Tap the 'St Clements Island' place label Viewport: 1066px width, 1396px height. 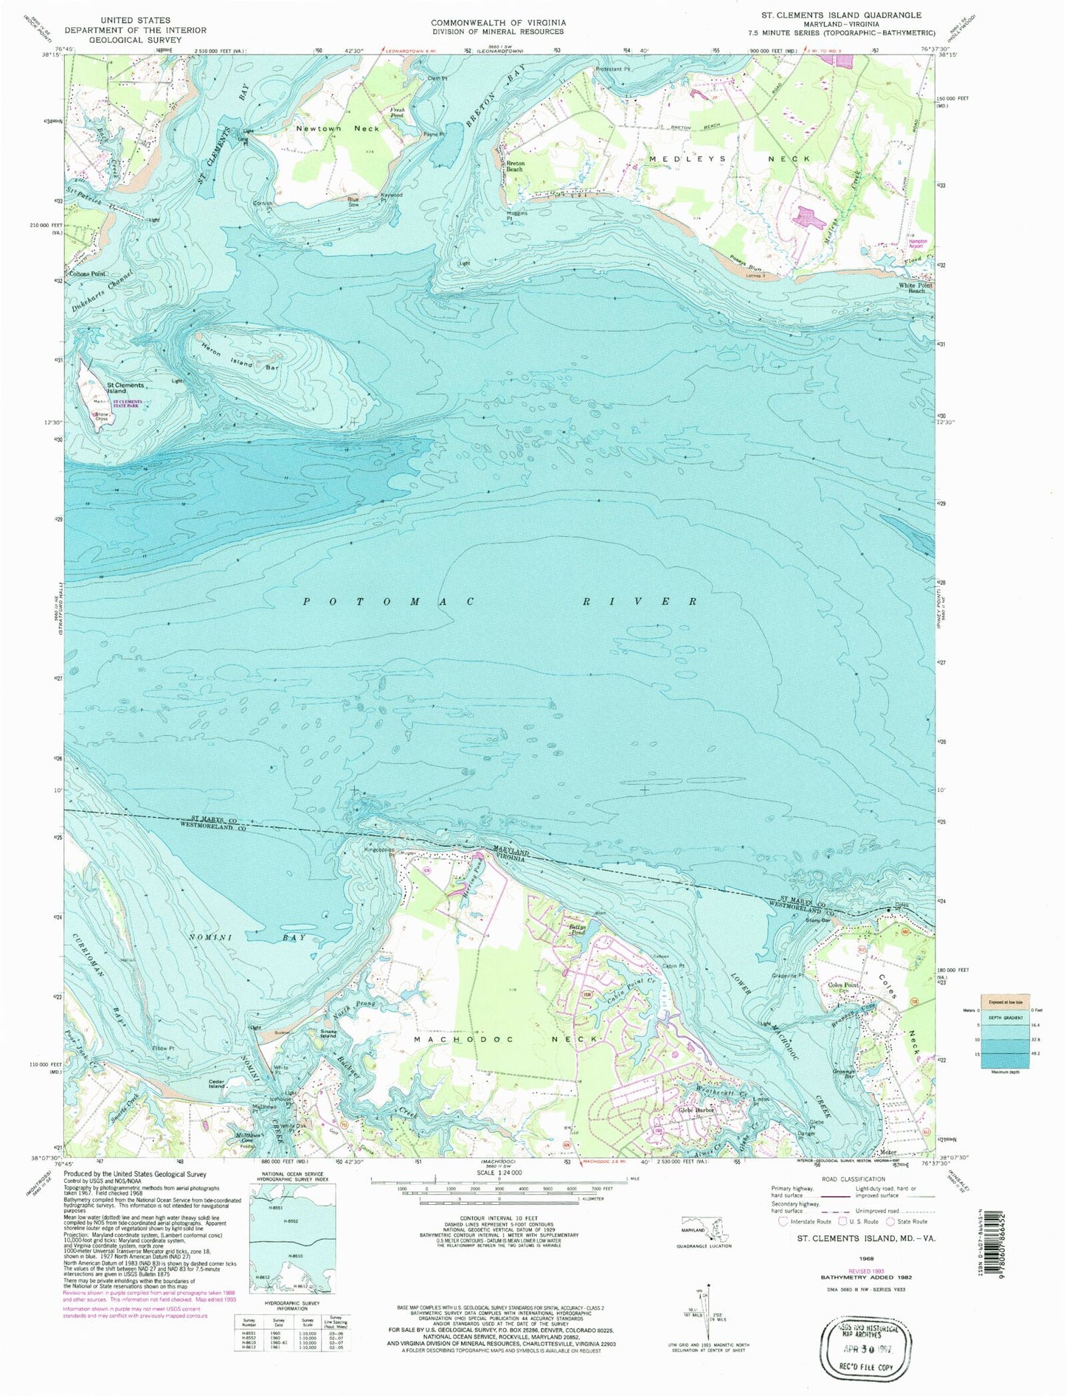point(125,388)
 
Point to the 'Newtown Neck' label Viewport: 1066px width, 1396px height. point(337,128)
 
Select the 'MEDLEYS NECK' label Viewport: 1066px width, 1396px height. point(729,159)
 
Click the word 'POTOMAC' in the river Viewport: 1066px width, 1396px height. point(388,602)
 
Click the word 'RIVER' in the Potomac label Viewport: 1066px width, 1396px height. point(639,602)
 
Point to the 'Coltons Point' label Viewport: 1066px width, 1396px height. point(87,274)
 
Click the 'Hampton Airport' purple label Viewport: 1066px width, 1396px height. point(917,244)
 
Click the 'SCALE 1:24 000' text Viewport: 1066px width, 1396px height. point(499,1192)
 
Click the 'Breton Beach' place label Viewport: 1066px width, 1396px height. point(514,166)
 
